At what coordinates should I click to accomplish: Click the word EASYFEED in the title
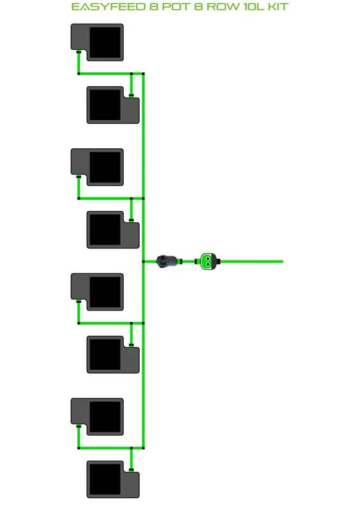[x=109, y=7]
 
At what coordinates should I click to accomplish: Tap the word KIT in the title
[x=278, y=7]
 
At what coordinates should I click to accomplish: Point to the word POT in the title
[x=177, y=7]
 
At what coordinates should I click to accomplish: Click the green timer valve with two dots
[x=207, y=261]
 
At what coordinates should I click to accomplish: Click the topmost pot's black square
[x=105, y=42]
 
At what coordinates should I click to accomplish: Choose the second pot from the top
[x=113, y=105]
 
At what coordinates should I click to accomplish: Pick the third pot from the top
[x=97, y=167]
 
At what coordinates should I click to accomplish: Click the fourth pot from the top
[x=113, y=230]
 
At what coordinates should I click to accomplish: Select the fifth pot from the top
[x=97, y=292]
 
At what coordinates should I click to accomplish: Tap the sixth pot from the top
[x=113, y=355]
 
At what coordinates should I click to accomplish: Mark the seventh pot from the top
[x=97, y=417]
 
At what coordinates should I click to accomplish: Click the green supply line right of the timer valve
[x=251, y=261]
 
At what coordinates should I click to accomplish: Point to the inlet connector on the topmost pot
[x=79, y=52]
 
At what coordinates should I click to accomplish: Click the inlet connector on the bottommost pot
[x=131, y=470]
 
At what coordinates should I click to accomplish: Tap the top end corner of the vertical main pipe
[x=144, y=73]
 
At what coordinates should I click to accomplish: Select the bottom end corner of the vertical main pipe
[x=144, y=448]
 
